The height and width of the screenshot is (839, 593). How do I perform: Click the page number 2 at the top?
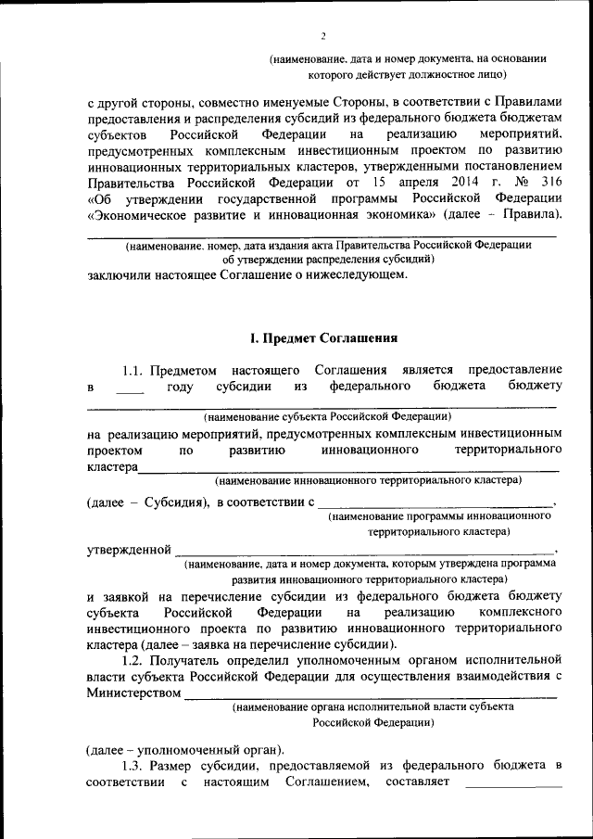click(x=323, y=36)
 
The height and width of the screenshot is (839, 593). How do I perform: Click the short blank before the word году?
click(x=131, y=388)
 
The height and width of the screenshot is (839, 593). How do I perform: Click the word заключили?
click(x=120, y=274)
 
